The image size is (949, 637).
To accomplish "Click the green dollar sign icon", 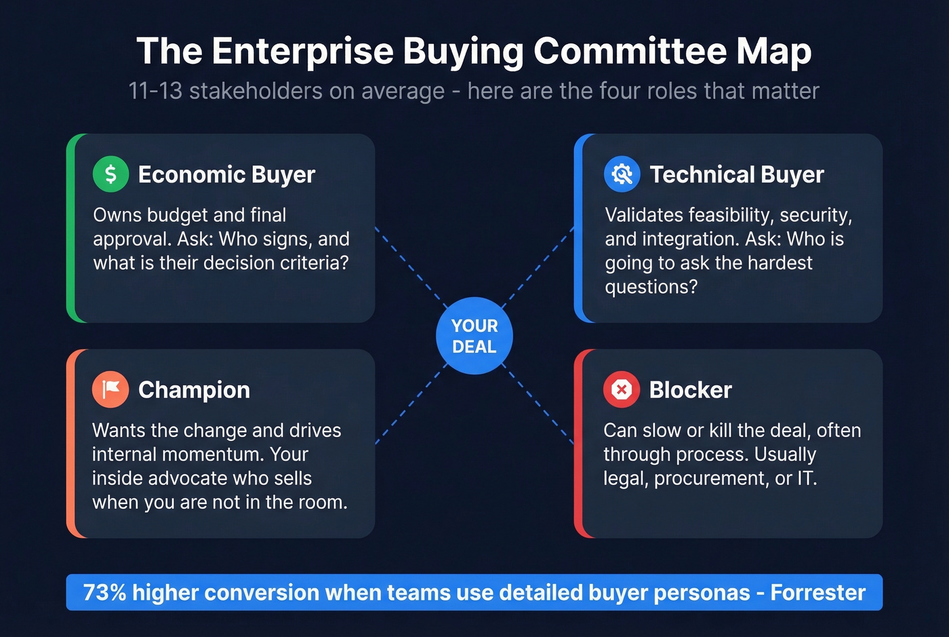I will tap(110, 174).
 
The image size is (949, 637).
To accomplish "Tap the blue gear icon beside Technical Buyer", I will tap(622, 174).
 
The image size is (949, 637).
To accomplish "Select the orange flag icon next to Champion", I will tap(110, 389).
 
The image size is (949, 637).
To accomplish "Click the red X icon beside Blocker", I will tap(621, 389).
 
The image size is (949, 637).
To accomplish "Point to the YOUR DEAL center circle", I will tap(474, 336).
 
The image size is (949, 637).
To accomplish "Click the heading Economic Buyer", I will tap(226, 175).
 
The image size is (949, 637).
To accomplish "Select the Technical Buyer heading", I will tap(736, 175).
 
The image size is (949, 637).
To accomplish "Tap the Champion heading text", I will tap(194, 390).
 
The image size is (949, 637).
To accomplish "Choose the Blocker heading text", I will tap(690, 390).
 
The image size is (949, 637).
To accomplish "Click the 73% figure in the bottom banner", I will tap(104, 592).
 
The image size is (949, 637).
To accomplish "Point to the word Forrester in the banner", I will tap(817, 592).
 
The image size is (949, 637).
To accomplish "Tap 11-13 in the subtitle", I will tap(155, 91).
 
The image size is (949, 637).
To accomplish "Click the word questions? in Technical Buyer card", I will tap(651, 287).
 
